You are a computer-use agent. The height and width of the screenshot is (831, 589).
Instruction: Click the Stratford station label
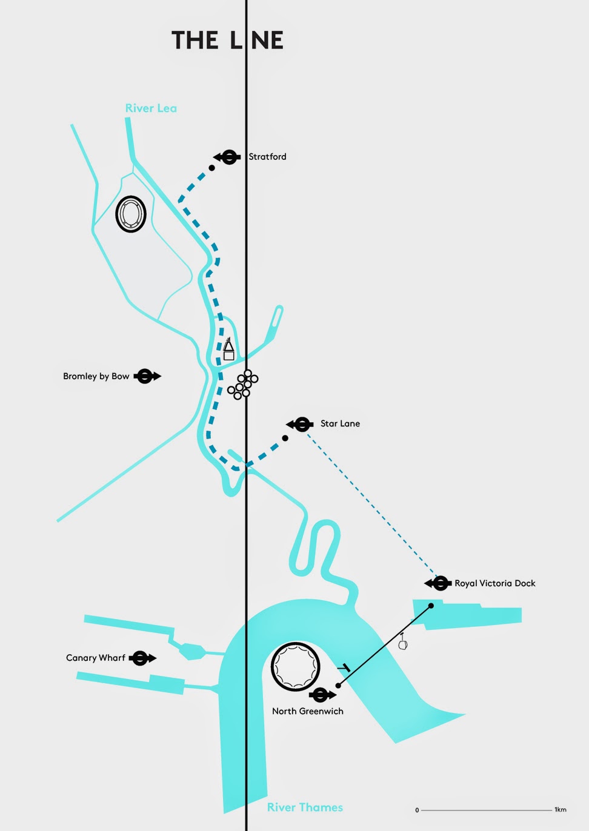(x=267, y=156)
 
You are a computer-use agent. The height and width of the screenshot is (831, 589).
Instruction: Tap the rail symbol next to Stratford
(x=228, y=157)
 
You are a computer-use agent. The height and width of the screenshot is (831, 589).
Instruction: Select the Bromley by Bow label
(x=96, y=376)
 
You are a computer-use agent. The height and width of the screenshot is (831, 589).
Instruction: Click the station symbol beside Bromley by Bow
(x=145, y=376)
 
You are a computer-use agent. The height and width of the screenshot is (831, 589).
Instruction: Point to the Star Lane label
(x=340, y=423)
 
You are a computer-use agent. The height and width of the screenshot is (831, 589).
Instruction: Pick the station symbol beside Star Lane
(x=301, y=425)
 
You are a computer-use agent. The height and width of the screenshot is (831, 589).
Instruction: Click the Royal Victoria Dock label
(x=494, y=583)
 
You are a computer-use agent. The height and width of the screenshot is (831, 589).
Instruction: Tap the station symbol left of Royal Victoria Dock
(x=439, y=583)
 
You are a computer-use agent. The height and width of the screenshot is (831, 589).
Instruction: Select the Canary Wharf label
(x=95, y=658)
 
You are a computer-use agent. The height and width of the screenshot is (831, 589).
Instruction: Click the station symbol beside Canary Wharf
(x=141, y=658)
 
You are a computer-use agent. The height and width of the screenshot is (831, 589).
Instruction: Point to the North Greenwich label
(x=307, y=711)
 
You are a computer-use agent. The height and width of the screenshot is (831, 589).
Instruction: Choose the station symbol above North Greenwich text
(x=321, y=695)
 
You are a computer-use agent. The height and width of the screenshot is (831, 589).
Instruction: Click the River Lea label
(x=151, y=108)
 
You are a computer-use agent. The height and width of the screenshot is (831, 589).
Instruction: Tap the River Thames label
(x=305, y=807)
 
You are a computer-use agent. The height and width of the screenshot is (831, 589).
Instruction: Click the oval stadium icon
(x=131, y=214)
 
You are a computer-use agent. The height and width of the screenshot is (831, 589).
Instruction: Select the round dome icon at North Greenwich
(x=295, y=667)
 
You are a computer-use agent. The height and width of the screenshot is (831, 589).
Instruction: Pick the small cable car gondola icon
(x=403, y=643)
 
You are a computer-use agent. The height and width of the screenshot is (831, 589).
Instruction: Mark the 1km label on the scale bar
(x=560, y=810)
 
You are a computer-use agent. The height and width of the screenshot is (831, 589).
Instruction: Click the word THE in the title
(x=195, y=41)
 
